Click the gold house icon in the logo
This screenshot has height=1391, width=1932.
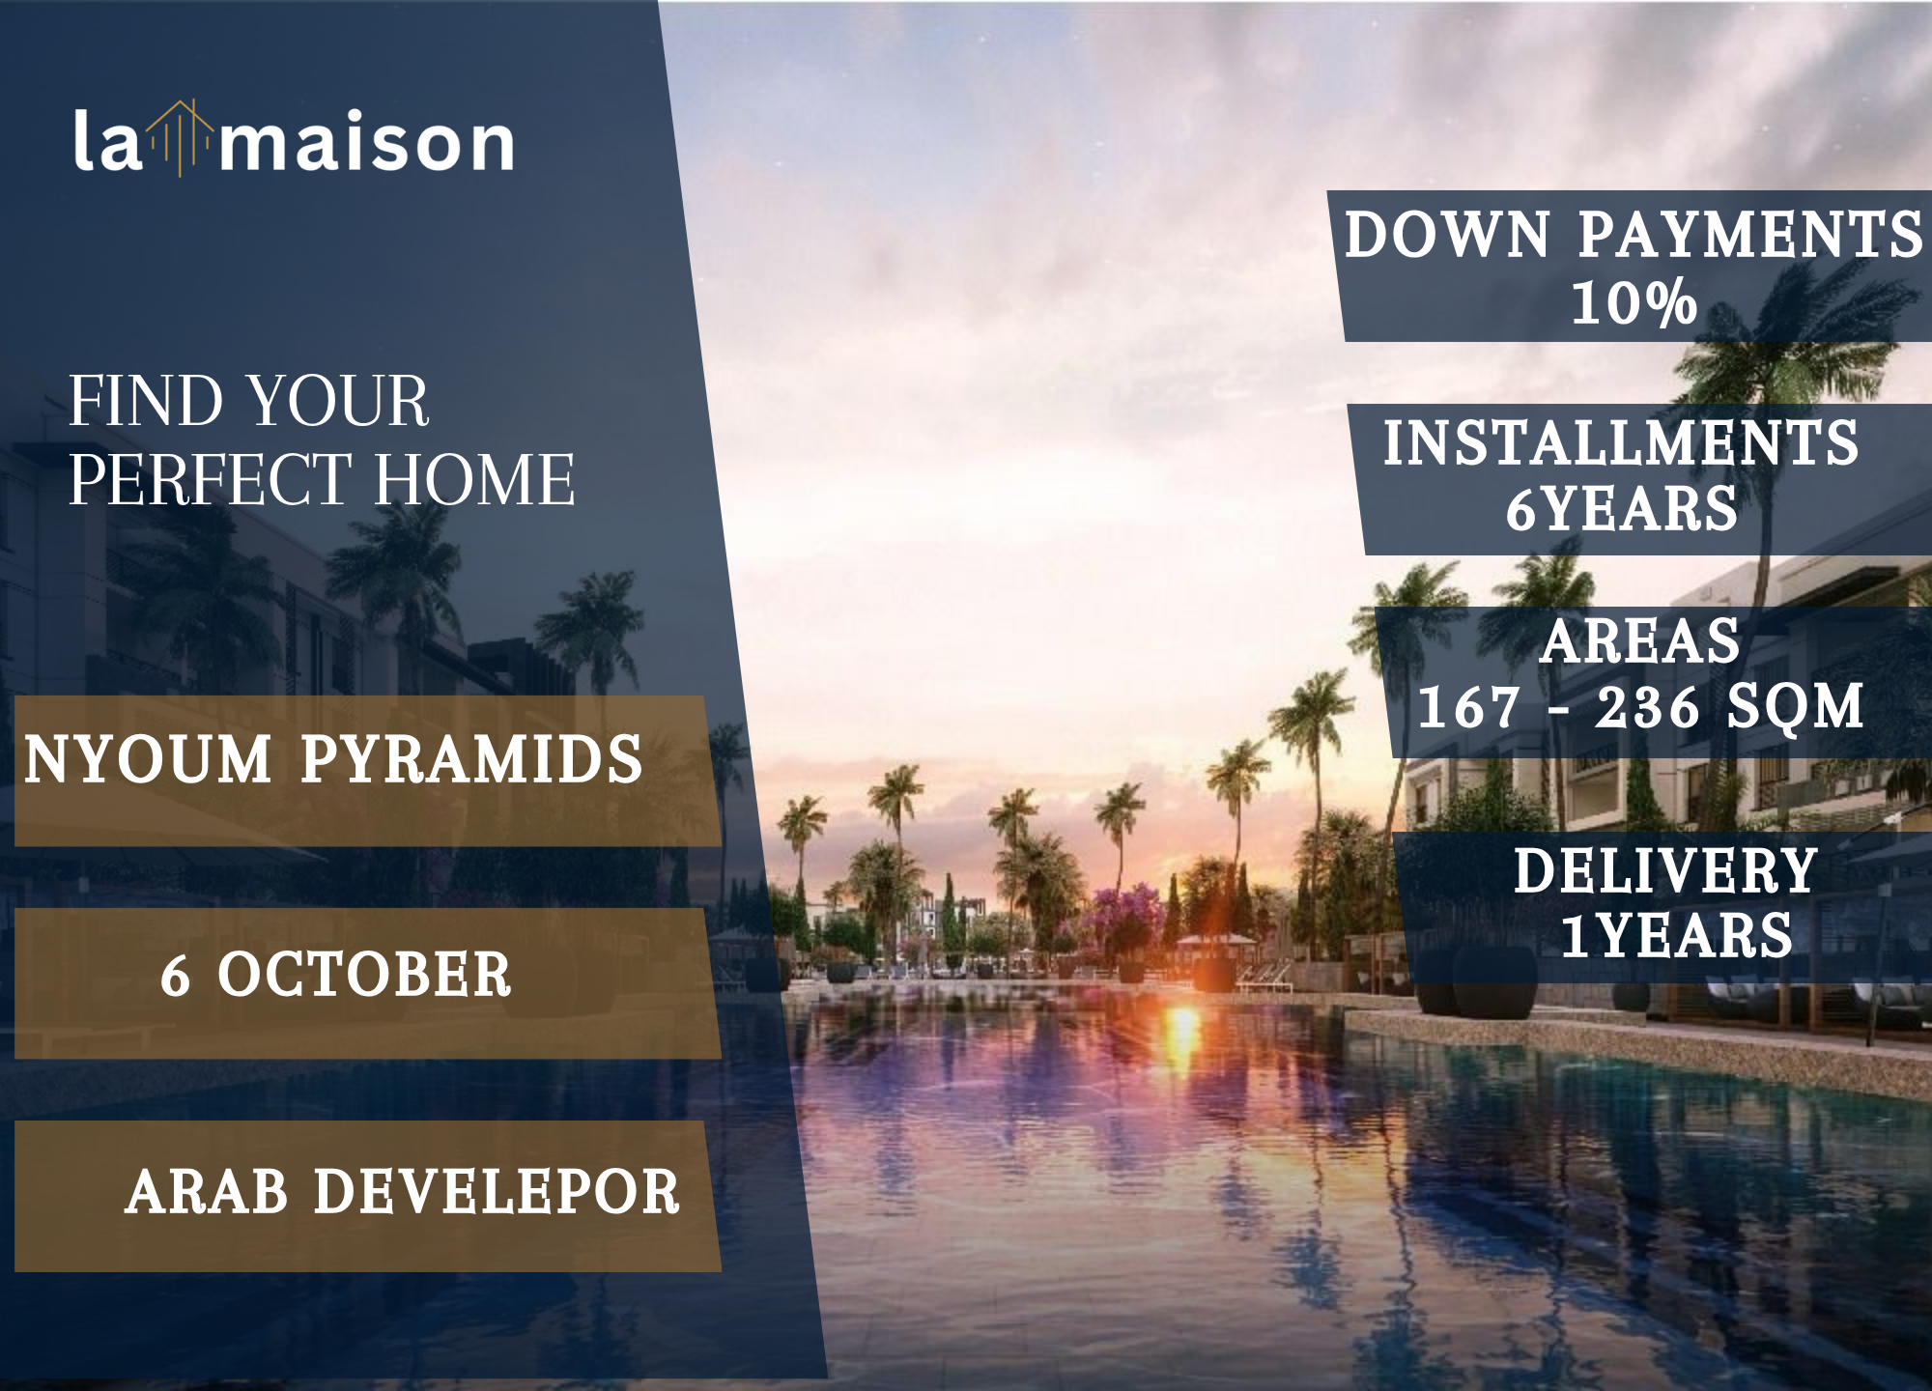pyautogui.click(x=181, y=138)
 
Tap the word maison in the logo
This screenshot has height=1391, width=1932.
pyautogui.click(x=367, y=142)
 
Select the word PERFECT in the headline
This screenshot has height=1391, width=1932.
pyautogui.click(x=210, y=479)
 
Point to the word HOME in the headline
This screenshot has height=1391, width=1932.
pyautogui.click(x=474, y=479)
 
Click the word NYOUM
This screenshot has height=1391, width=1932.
pyautogui.click(x=148, y=759)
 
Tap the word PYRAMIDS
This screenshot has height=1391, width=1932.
pyautogui.click(x=471, y=759)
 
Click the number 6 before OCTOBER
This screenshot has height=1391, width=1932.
pyautogui.click(x=175, y=975)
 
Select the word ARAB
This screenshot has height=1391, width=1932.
pyautogui.click(x=207, y=1191)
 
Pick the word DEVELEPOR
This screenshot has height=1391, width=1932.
pyautogui.click(x=497, y=1191)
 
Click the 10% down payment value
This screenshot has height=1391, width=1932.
pyautogui.click(x=1634, y=302)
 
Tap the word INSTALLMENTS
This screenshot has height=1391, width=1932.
pyautogui.click(x=1621, y=442)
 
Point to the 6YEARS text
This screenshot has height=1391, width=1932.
pyautogui.click(x=1622, y=509)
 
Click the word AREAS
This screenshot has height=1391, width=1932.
pyautogui.click(x=1640, y=641)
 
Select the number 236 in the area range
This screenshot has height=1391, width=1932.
pyautogui.click(x=1647, y=707)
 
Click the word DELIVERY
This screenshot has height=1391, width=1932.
pyautogui.click(x=1666, y=870)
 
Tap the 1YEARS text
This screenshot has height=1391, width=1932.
pyautogui.click(x=1677, y=936)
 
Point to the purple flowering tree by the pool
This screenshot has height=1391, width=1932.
pyautogui.click(x=1125, y=918)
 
